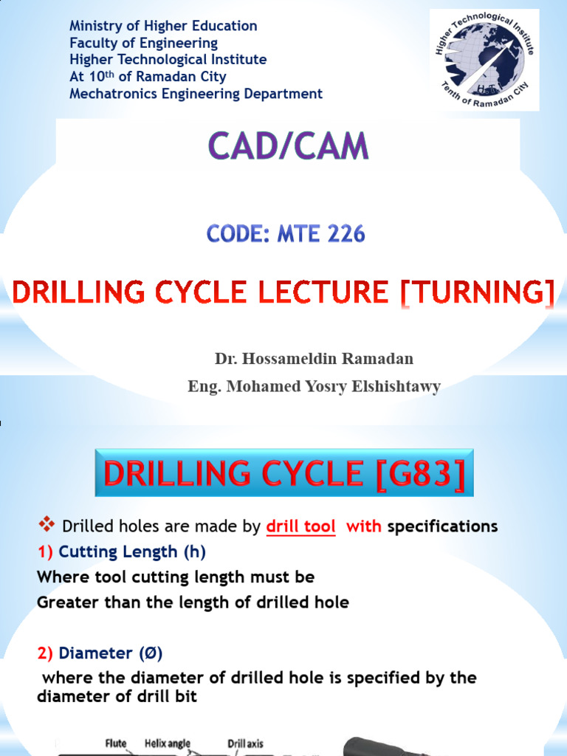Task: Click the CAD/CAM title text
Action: coord(288,145)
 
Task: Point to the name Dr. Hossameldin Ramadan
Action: coord(314,359)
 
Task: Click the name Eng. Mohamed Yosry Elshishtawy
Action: coord(315,387)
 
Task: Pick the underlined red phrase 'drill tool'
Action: coord(300,526)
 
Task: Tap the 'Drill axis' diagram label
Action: coord(244,743)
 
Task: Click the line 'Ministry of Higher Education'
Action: coord(163,26)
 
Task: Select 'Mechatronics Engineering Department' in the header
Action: coord(196,94)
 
